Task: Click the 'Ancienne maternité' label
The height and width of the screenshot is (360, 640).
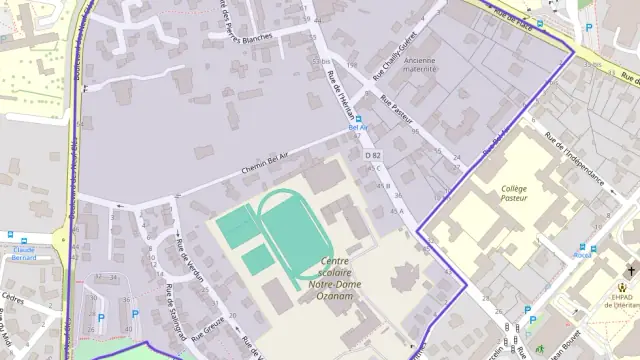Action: [x=420, y=65]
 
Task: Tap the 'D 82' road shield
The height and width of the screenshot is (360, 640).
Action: [x=373, y=155]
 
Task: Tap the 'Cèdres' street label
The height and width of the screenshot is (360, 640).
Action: [x=12, y=296]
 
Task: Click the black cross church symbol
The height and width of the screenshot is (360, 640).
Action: [x=630, y=271]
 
